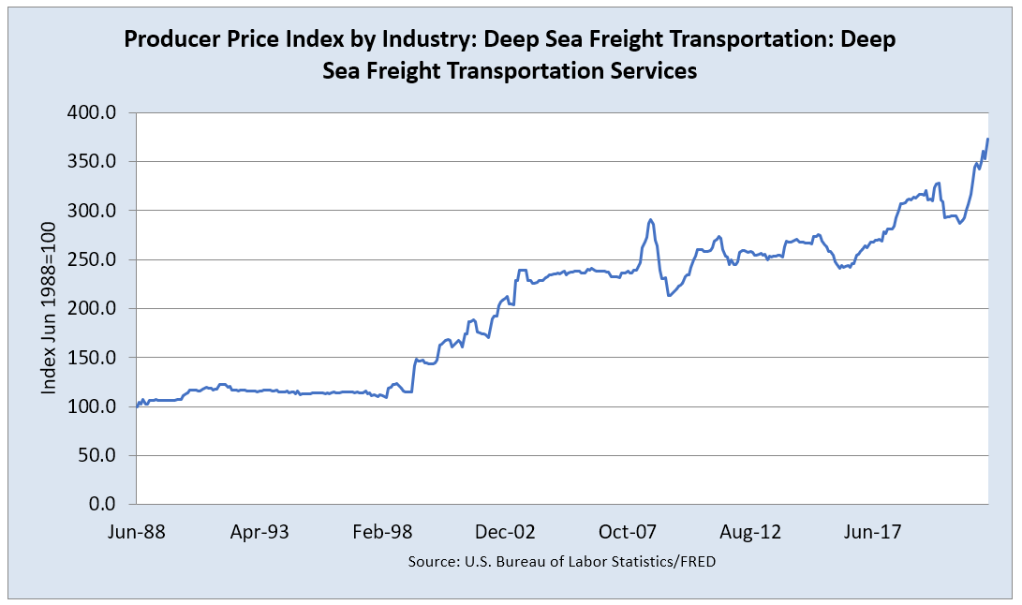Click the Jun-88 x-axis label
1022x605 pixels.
[x=137, y=532]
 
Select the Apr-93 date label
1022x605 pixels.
[x=259, y=532]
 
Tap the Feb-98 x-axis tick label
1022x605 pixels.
[x=382, y=532]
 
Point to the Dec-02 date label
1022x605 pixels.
[x=505, y=532]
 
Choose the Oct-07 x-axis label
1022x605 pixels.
[x=628, y=532]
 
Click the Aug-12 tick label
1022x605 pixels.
[x=750, y=532]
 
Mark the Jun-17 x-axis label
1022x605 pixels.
[x=873, y=532]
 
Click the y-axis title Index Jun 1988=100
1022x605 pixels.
[x=49, y=309]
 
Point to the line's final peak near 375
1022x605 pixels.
[x=987, y=139]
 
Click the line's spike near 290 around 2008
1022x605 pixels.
[x=650, y=220]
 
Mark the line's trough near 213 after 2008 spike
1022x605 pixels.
[x=668, y=296]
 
